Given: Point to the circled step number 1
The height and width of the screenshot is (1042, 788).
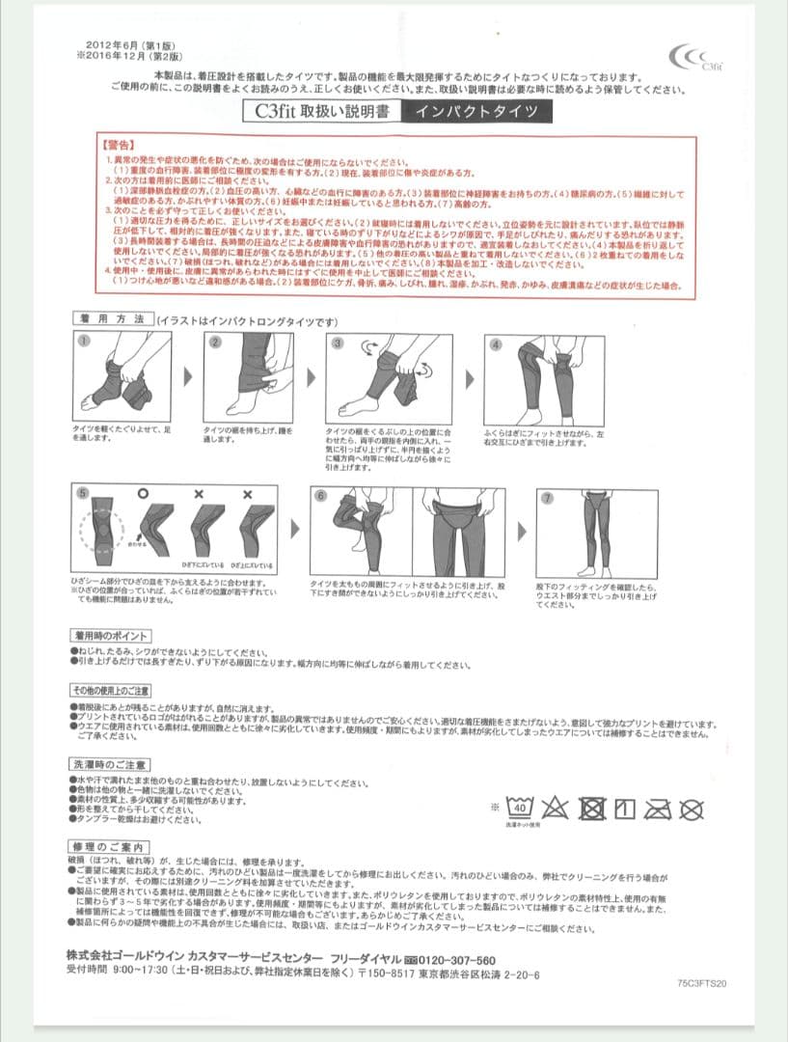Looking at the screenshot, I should click(84, 342).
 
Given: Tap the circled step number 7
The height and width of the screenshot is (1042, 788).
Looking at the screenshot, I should click(547, 498).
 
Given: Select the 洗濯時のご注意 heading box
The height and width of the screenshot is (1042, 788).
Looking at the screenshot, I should click(109, 765).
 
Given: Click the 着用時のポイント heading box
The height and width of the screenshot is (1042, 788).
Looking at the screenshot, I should click(110, 637).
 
